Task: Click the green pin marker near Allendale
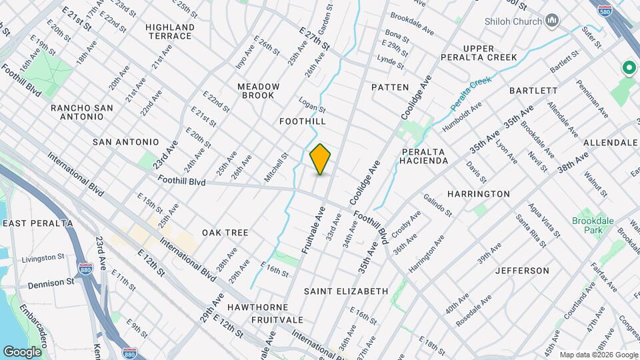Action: [627, 68]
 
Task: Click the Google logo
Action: [22, 351]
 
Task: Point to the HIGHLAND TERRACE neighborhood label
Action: [171, 31]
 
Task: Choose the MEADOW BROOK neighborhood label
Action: [259, 91]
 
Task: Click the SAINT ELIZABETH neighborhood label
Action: [346, 291]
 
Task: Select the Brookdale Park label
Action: [587, 225]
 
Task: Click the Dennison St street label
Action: [51, 283]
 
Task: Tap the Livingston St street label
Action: [43, 257]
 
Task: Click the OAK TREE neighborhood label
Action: [225, 233]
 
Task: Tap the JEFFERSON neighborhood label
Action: [522, 271]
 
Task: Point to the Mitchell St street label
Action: [275, 166]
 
